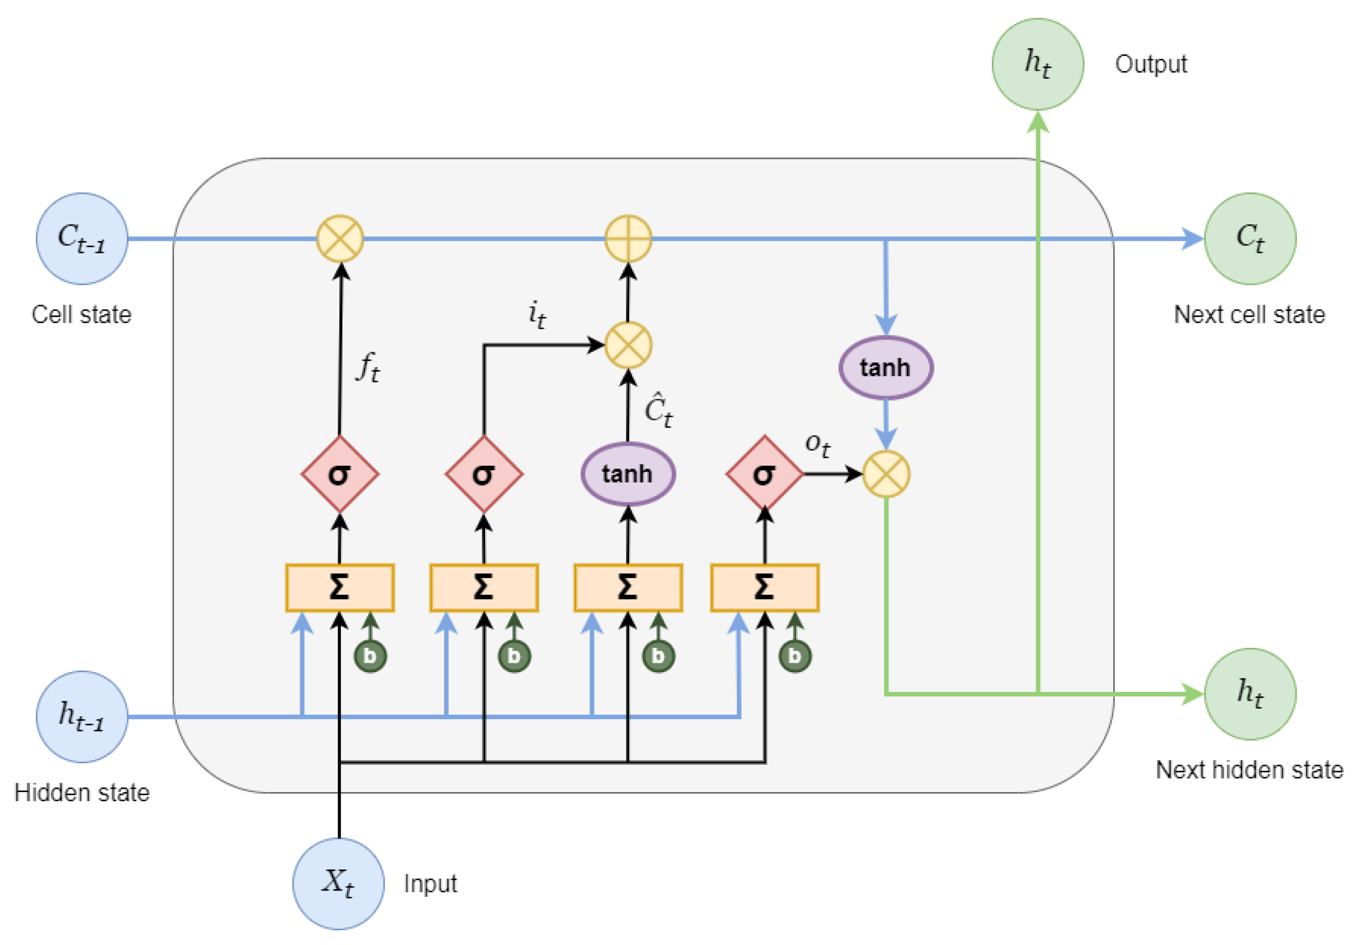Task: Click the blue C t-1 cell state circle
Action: [x=82, y=238]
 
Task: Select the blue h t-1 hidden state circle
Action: [x=82, y=716]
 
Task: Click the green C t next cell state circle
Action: [x=1249, y=238]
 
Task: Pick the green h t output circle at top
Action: [x=1037, y=64]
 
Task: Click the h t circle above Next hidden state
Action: [x=1249, y=694]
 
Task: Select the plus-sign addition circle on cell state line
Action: [x=628, y=238]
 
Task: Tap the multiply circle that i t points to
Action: [x=628, y=345]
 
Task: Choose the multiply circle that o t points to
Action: [x=885, y=474]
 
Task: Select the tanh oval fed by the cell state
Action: [x=885, y=367]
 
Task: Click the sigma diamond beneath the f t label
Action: [x=339, y=474]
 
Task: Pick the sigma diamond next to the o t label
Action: [x=764, y=474]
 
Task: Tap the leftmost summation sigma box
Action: [x=339, y=587]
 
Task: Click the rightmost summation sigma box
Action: [x=764, y=587]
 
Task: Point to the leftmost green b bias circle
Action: [x=370, y=655]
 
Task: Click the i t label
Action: [x=536, y=313]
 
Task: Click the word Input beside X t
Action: [x=430, y=884]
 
